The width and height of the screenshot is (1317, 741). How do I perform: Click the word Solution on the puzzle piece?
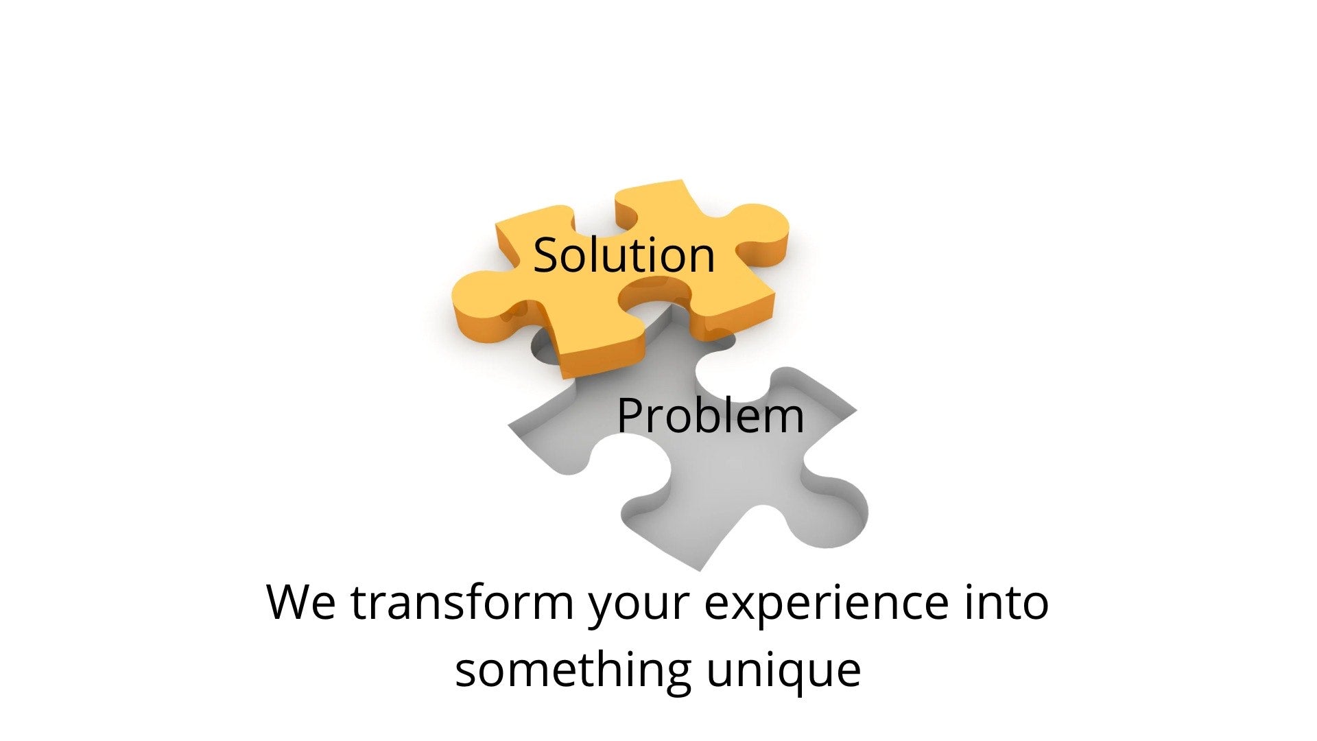click(x=624, y=255)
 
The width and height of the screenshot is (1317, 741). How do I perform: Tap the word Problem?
click(x=710, y=416)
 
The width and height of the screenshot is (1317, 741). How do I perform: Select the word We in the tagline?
click(x=300, y=602)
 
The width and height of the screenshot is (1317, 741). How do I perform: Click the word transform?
click(x=462, y=602)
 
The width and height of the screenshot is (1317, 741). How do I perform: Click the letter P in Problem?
click(x=630, y=416)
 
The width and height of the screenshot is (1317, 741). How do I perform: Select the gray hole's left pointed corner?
click(x=509, y=427)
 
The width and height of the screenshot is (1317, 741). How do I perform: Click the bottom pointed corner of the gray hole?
click(x=700, y=570)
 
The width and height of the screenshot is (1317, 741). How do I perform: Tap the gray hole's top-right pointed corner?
click(x=856, y=412)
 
